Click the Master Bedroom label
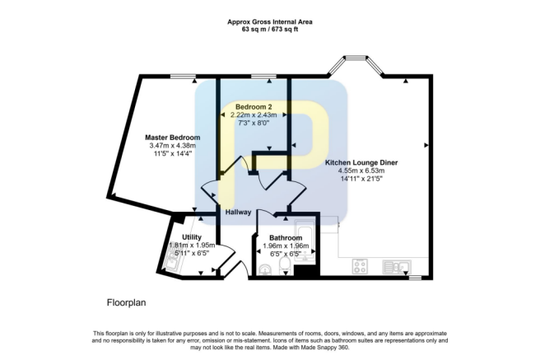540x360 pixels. (172, 138)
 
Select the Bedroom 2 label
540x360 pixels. (253, 107)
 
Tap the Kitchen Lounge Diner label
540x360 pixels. (361, 163)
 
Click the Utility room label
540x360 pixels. (192, 236)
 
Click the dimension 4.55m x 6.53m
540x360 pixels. (361, 172)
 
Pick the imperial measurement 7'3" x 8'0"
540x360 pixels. (253, 123)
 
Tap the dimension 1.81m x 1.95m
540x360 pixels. (192, 245)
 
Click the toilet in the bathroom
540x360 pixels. (266, 269)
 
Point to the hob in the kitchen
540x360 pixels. (361, 267)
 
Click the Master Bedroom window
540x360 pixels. (183, 77)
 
